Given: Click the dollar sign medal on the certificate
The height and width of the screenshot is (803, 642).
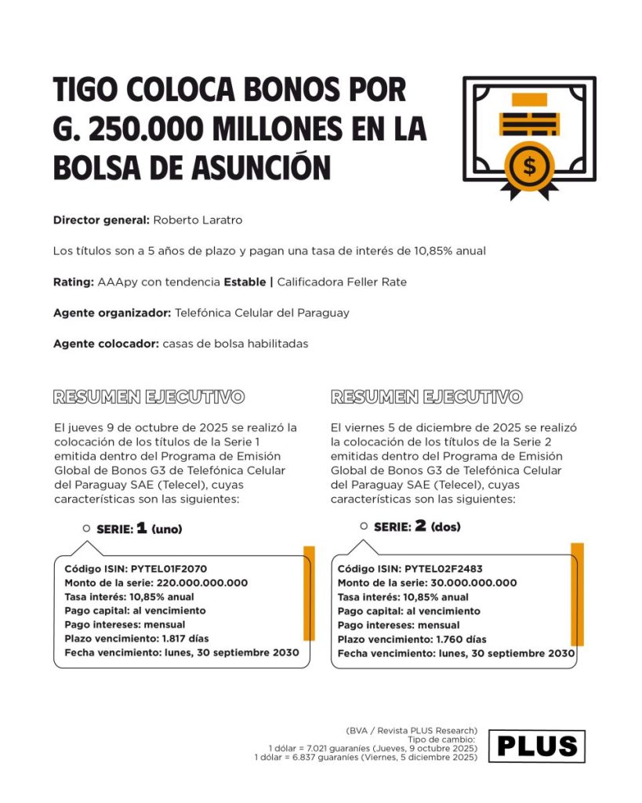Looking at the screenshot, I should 530,165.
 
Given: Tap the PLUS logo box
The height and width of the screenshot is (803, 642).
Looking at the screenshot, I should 537,747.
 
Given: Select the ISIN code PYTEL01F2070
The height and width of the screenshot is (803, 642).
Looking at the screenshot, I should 169,569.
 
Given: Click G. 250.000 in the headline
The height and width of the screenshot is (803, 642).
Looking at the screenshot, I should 121,128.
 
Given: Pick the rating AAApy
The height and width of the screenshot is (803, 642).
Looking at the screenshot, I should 118,282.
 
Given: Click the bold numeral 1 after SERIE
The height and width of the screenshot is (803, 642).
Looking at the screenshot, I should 141,529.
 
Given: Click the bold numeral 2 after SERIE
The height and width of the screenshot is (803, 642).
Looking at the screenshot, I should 420,526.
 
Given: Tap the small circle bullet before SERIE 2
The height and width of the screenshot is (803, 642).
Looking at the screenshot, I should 364,526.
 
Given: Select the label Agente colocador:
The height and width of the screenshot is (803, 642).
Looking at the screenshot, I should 106,343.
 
